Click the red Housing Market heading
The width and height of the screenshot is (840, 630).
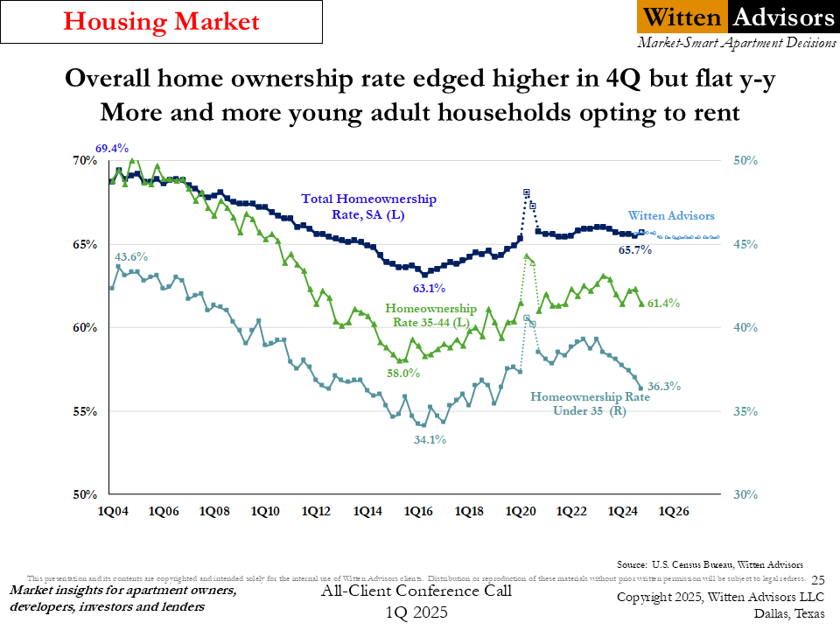pyautogui.click(x=163, y=22)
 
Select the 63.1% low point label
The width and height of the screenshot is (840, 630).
pyautogui.click(x=430, y=288)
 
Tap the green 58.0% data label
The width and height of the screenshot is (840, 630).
pyautogui.click(x=403, y=374)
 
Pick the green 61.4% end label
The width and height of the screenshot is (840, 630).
pyautogui.click(x=663, y=303)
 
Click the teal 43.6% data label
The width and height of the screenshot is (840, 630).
pyautogui.click(x=131, y=257)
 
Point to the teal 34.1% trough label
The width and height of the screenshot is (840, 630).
pyautogui.click(x=430, y=440)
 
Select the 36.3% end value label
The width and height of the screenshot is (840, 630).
pyautogui.click(x=664, y=386)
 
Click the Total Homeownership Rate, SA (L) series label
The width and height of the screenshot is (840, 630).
pyautogui.click(x=368, y=206)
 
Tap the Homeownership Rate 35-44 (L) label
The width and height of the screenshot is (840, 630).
pyautogui.click(x=431, y=316)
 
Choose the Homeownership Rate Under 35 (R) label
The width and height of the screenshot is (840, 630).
pyautogui.click(x=590, y=403)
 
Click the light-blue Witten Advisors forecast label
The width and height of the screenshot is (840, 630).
pyautogui.click(x=671, y=216)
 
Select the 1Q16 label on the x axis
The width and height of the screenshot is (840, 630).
pyautogui.click(x=417, y=511)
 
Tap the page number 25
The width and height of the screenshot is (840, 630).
pyautogui.click(x=818, y=579)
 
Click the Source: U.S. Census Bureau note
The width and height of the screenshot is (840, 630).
pyautogui.click(x=710, y=564)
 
